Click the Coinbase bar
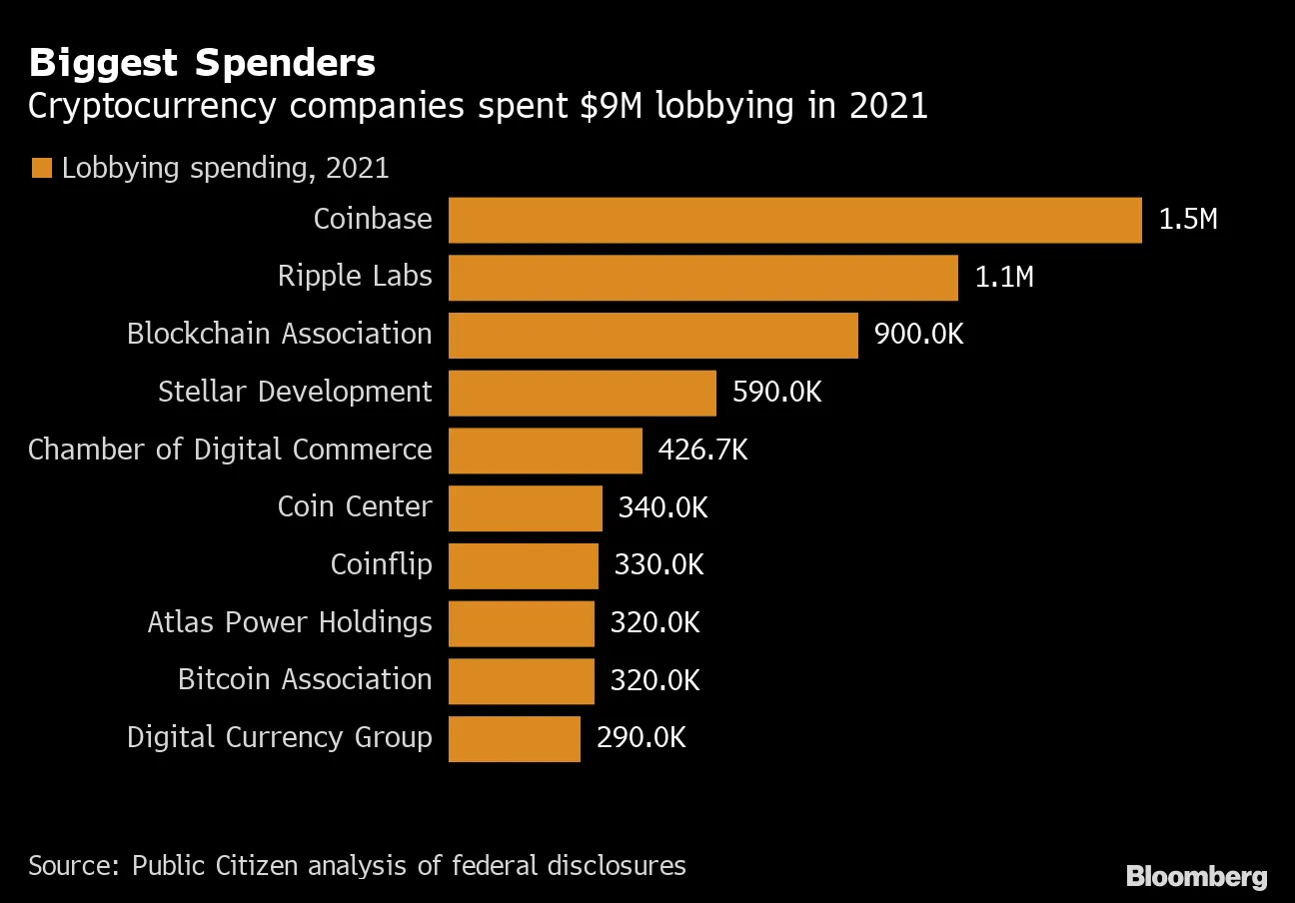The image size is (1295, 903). (x=794, y=220)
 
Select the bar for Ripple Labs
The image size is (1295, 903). (x=702, y=278)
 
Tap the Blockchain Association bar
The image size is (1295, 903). (x=652, y=336)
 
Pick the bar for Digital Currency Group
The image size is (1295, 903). (x=514, y=739)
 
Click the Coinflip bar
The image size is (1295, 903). (x=523, y=566)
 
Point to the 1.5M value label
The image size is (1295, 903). (x=1188, y=220)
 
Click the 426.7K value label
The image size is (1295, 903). (x=702, y=451)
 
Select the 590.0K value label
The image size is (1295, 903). (x=776, y=393)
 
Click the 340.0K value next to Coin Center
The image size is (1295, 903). (x=662, y=508)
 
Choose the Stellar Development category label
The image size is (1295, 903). (x=295, y=393)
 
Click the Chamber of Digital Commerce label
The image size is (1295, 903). (x=230, y=451)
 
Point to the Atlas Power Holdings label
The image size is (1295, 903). (x=290, y=623)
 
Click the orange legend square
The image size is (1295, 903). (x=41, y=168)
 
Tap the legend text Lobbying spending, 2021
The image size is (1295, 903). (x=225, y=168)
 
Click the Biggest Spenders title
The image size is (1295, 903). (x=202, y=64)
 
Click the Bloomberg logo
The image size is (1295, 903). (x=1196, y=876)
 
